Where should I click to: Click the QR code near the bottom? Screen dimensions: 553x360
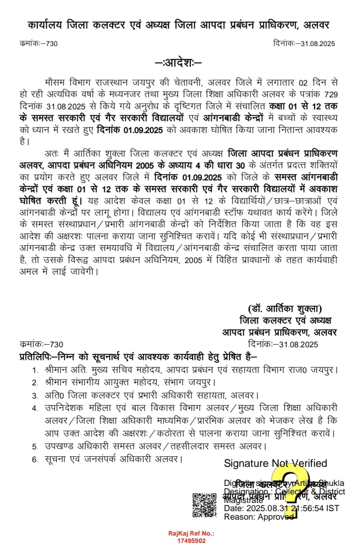(204, 505)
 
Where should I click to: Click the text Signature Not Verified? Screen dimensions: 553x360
(275, 463)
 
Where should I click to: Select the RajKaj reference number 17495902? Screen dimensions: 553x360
(191, 541)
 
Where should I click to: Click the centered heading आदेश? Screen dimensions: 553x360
(179, 62)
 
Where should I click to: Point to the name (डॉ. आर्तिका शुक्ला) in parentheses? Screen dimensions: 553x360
(285, 309)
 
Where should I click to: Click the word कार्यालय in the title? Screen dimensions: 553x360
(45, 25)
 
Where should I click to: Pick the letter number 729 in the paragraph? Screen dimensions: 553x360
(331, 94)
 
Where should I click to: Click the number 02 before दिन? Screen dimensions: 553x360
(303, 83)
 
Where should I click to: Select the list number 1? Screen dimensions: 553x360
(35, 370)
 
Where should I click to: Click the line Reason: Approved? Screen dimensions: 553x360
(259, 517)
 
